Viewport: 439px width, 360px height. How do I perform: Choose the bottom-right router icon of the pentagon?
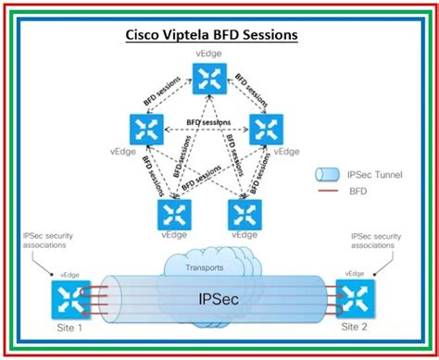(x=246, y=215)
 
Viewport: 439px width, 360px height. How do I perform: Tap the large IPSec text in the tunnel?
(x=216, y=301)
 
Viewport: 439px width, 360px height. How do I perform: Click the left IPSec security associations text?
(x=46, y=242)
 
